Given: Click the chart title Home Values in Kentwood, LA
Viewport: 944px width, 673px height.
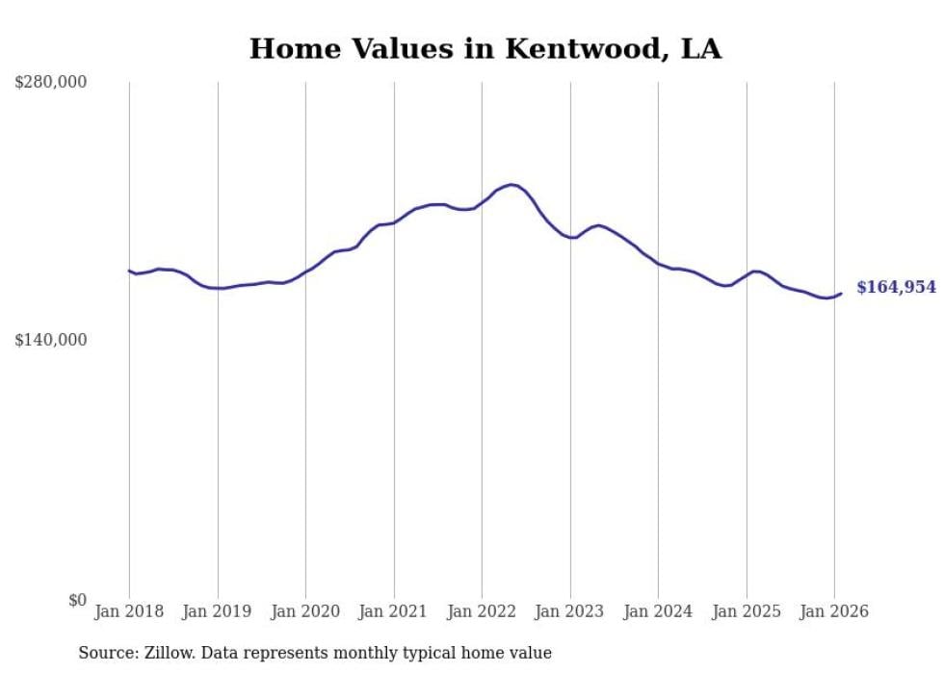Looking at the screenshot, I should tap(485, 49).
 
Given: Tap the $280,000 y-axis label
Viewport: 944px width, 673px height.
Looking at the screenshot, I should tap(50, 82).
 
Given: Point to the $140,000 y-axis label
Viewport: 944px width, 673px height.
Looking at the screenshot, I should tap(50, 340).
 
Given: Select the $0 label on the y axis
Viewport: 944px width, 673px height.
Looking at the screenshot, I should tap(77, 600).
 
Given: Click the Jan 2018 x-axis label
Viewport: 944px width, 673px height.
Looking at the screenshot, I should tap(129, 611).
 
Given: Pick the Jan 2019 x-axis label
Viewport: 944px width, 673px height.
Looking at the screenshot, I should tap(218, 611).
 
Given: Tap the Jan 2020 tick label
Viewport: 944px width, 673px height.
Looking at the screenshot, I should tap(305, 611).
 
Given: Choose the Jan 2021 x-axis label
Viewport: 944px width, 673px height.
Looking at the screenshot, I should tap(394, 611).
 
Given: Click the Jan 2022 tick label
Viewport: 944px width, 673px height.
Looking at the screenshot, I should tap(482, 611).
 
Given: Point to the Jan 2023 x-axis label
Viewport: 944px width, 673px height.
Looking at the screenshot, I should tap(570, 611).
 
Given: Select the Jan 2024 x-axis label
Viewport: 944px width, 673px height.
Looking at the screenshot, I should tap(658, 611).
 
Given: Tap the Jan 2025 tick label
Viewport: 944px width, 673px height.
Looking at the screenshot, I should tap(747, 611).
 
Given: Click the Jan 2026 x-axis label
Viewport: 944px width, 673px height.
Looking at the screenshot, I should tap(834, 611).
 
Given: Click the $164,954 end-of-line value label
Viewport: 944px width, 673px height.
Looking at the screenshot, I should tap(896, 287).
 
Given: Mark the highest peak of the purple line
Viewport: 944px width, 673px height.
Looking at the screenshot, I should tap(511, 184).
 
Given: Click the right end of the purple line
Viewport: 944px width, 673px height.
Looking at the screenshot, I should tap(841, 294).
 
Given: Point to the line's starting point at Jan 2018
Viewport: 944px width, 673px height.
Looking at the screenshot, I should tap(129, 271).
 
